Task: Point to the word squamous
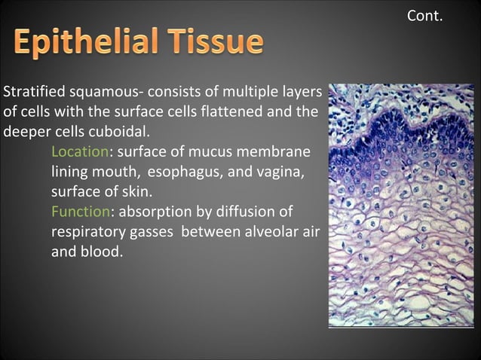click(101, 93)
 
